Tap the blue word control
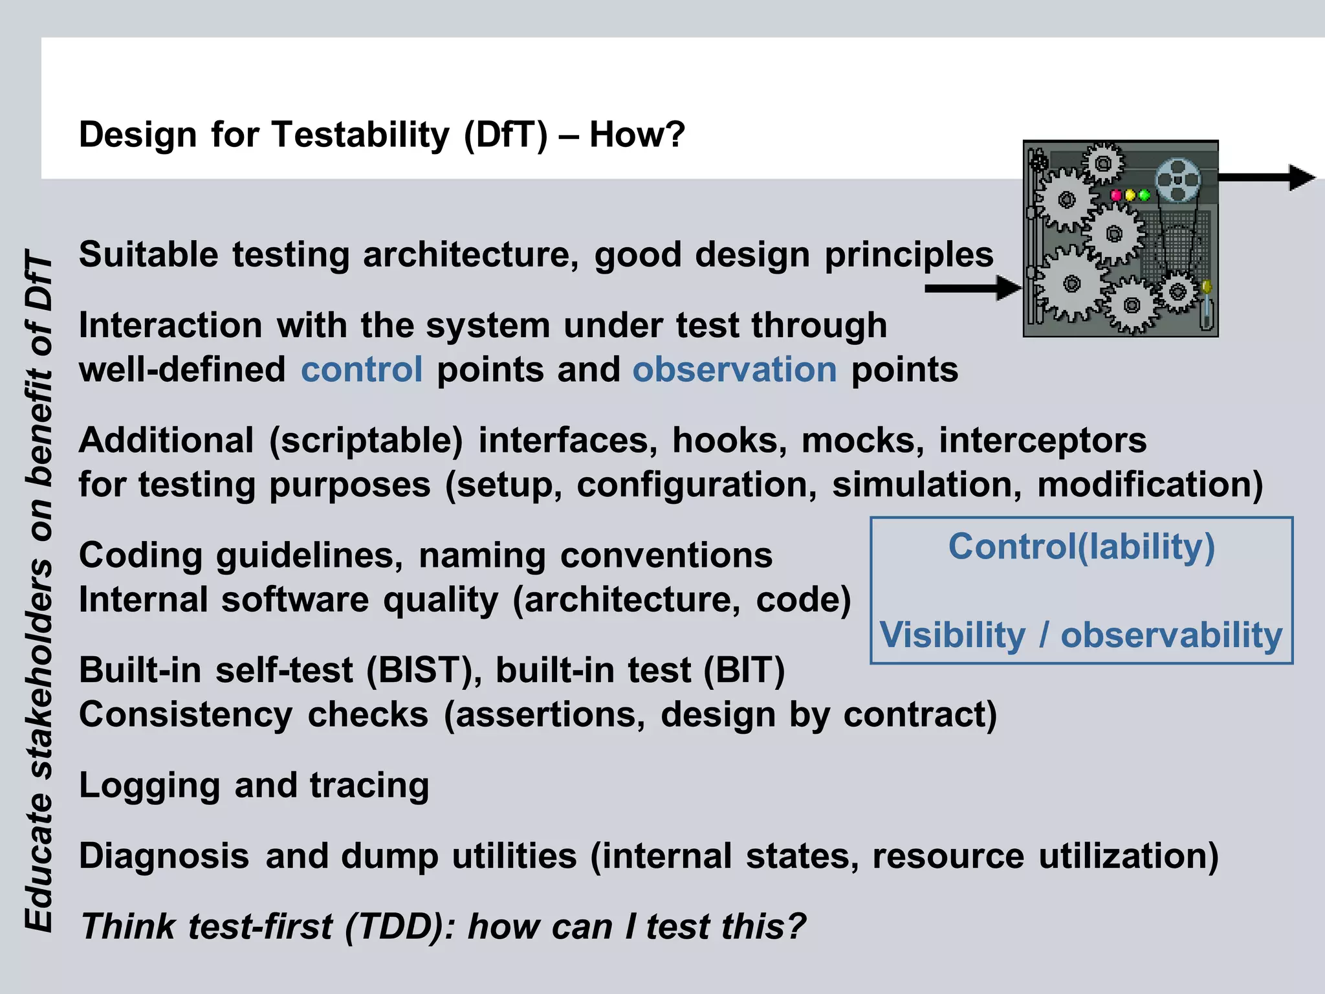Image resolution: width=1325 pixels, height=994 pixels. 362,370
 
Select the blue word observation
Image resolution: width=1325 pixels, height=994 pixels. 734,370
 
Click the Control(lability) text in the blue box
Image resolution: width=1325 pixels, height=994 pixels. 1081,547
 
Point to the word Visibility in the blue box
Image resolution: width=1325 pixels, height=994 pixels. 952,635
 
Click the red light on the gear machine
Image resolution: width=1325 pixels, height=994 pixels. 1116,195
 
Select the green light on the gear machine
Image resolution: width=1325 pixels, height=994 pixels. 1144,195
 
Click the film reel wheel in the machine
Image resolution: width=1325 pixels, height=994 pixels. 1177,181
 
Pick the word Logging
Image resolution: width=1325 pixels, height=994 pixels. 149,787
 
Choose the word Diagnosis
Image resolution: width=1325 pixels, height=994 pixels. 164,856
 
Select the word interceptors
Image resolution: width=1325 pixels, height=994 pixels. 1042,441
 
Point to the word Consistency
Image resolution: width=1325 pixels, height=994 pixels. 186,716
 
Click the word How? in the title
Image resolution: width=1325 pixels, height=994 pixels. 637,135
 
